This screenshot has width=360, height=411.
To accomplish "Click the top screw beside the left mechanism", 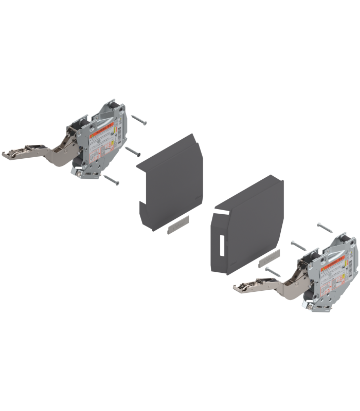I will point(139,119).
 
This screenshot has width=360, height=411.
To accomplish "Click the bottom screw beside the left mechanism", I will point(112,179).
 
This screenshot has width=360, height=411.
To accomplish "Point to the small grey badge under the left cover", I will point(178,225).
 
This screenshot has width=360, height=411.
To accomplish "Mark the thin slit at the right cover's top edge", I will point(222,211).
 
